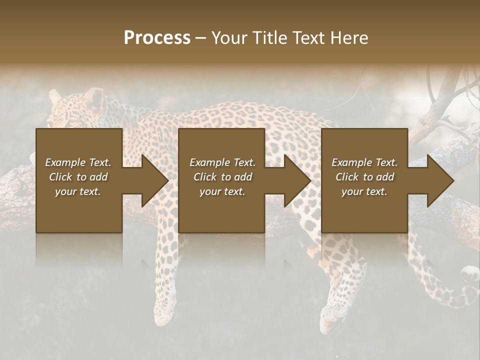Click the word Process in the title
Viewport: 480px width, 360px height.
coord(157,38)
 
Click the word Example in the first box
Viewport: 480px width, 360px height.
coord(65,162)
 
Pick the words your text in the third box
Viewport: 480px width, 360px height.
coord(364,191)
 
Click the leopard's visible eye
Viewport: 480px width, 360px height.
coord(72,123)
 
